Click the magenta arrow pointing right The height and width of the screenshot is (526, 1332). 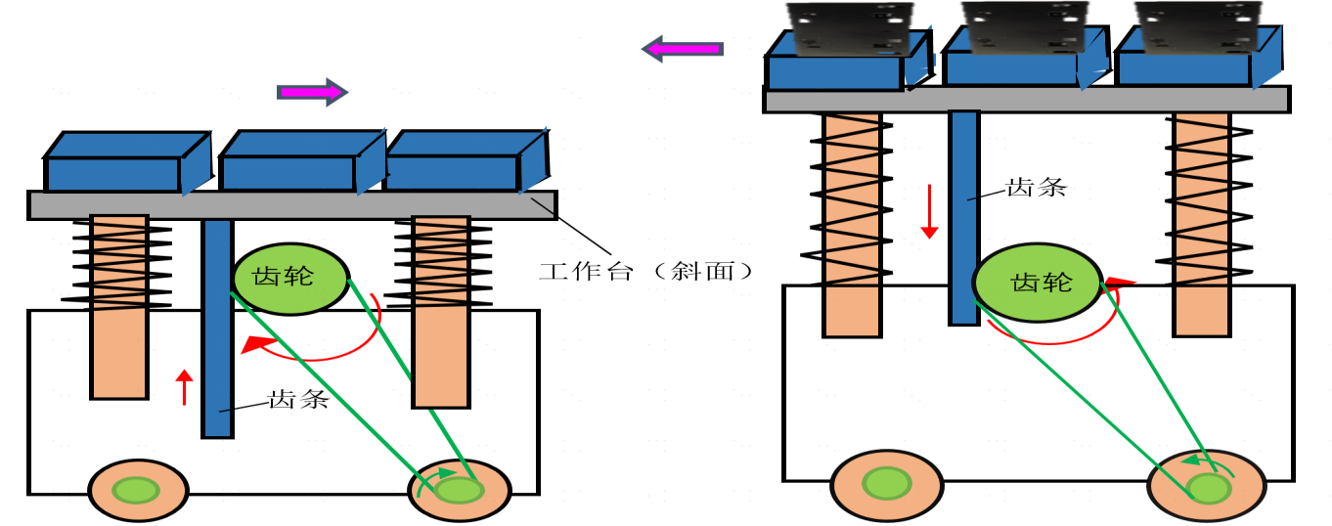[312, 92]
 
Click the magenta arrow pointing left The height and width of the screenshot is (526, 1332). [683, 48]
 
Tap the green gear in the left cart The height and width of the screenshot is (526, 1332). [290, 278]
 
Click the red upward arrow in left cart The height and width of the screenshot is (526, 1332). [182, 387]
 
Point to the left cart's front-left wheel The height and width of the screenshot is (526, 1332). [137, 490]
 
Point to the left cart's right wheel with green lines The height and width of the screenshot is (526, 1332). [459, 490]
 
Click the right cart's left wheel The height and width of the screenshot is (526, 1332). [886, 484]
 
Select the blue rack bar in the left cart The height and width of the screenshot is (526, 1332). [217, 328]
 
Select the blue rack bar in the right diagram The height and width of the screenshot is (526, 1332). [964, 215]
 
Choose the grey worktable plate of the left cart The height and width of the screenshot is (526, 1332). [292, 204]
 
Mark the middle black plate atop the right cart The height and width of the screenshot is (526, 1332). [1019, 25]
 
